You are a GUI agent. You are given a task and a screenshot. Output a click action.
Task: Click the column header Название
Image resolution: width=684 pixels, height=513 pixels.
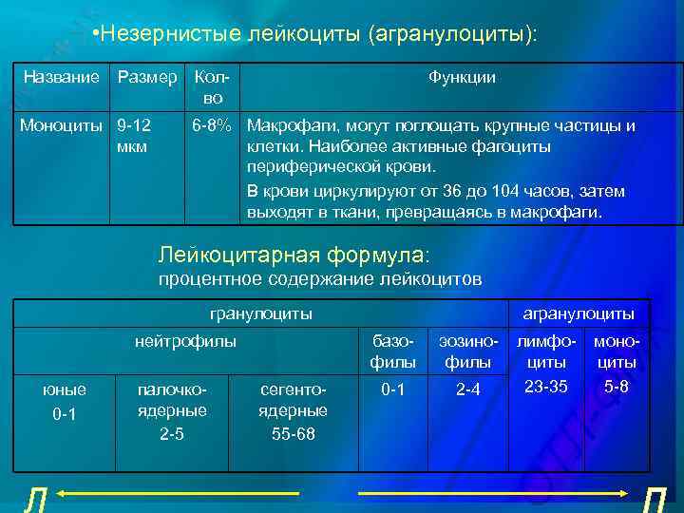click(x=61, y=77)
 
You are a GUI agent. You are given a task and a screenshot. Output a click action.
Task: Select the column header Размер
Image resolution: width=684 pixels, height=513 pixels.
click(x=146, y=77)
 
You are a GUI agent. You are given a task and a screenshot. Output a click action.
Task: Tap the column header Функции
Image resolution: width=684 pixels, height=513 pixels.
click(x=462, y=77)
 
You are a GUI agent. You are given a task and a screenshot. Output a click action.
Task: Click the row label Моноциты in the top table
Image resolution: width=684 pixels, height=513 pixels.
click(x=61, y=124)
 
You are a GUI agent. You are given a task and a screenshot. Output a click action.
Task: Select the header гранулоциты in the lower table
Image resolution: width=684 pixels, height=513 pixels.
click(x=260, y=313)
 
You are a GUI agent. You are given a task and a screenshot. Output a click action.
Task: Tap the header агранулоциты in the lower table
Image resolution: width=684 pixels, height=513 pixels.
click(x=579, y=313)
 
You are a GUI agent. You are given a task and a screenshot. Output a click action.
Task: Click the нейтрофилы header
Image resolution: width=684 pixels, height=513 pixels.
click(x=185, y=340)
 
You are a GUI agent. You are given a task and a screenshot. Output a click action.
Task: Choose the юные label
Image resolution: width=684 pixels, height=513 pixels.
click(x=66, y=389)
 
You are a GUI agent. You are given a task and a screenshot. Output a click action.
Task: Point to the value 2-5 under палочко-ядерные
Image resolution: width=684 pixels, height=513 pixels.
click(x=171, y=433)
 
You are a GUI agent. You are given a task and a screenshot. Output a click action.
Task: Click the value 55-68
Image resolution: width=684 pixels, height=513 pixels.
click(x=293, y=433)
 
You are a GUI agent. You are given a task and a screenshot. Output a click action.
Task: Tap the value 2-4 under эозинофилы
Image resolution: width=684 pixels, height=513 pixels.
click(x=467, y=389)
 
